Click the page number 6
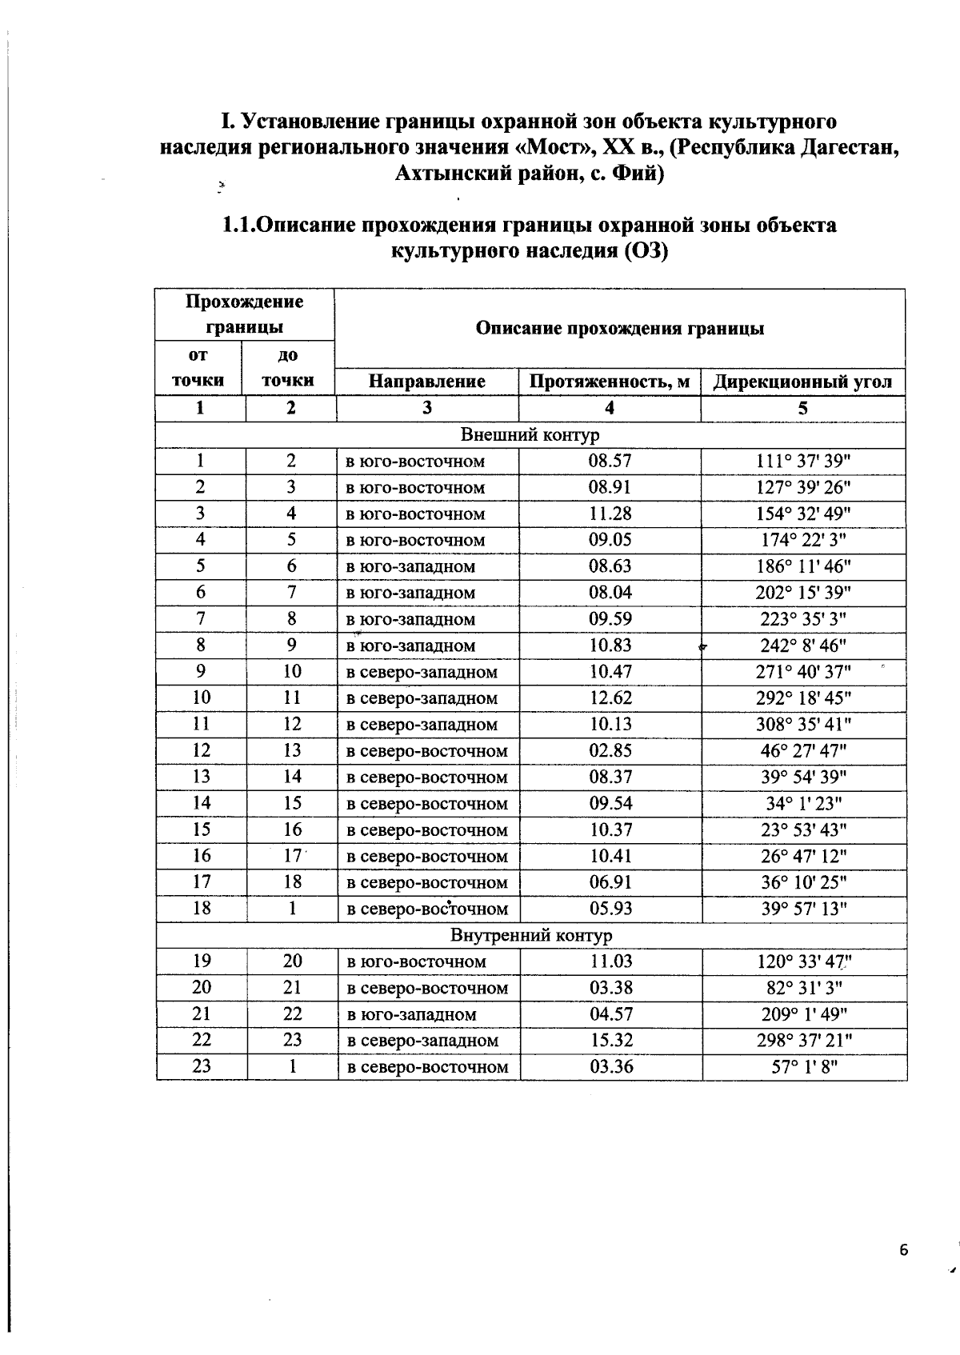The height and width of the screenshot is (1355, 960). pos(904,1250)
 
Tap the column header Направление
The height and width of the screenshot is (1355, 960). pos(426,382)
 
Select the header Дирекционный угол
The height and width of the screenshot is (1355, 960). pos(802,382)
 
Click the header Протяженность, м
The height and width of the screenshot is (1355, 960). pos(610,382)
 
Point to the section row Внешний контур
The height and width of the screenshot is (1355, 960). pos(530,435)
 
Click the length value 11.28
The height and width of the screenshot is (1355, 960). pos(610,514)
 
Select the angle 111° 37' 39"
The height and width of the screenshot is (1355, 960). pos(803,461)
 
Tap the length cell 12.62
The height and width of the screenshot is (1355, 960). pos(610,697)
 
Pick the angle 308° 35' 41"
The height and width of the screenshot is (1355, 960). pos(803,724)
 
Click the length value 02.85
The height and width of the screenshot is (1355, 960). pos(610,750)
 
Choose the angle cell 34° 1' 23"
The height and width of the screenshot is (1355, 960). pos(803,803)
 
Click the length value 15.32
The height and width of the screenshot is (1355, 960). pos(611,1040)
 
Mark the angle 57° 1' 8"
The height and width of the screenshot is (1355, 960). pos(804,1066)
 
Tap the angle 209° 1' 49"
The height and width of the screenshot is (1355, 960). pos(804,1013)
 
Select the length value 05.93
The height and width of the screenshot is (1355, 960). pos(610,909)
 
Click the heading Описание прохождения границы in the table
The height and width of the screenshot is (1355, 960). pos(619,328)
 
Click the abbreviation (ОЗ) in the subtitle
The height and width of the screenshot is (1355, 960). pos(644,251)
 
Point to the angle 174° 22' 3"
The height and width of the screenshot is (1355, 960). pos(803,540)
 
